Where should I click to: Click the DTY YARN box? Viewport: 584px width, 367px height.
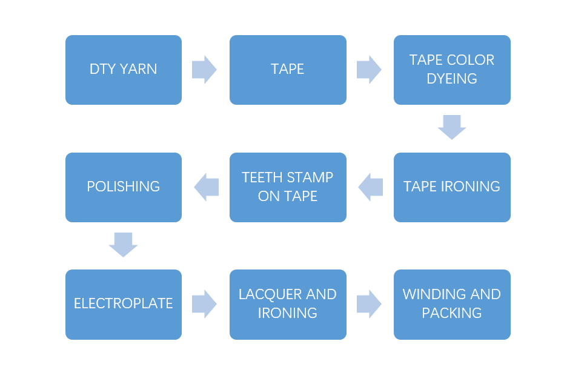(x=124, y=70)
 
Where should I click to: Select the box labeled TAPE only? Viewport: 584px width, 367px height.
(x=288, y=70)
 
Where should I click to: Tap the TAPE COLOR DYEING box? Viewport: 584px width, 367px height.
(x=452, y=70)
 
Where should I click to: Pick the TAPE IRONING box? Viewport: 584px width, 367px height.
(x=452, y=187)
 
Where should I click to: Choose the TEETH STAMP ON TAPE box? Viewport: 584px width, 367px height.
(x=288, y=187)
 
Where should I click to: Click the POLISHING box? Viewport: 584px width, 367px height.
(x=124, y=187)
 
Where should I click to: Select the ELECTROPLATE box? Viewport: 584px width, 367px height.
(x=124, y=304)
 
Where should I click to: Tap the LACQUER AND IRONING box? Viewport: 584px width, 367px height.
(x=288, y=304)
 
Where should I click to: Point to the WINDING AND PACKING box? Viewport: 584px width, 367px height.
(x=452, y=304)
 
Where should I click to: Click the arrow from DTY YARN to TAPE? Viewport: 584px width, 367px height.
(x=205, y=70)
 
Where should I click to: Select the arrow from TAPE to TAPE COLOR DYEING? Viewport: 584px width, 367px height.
(x=369, y=70)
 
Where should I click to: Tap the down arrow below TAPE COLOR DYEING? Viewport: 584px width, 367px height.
(x=452, y=127)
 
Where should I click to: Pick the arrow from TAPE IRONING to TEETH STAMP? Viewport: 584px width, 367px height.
(x=370, y=187)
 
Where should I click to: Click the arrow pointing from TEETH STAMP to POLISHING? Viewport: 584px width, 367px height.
(x=206, y=187)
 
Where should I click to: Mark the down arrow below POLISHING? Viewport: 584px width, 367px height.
(x=124, y=245)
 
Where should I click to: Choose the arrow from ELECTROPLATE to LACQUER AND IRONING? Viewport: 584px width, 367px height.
(x=205, y=304)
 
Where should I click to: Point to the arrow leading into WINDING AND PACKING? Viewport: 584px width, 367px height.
(x=369, y=304)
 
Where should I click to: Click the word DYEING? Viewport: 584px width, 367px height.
(x=452, y=79)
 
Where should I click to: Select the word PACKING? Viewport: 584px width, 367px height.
(x=452, y=313)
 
